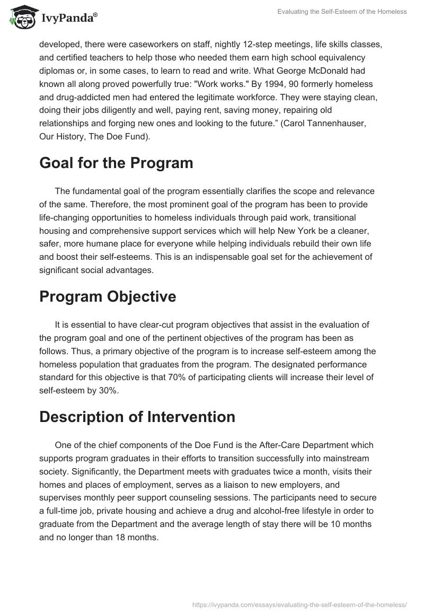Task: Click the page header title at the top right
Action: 342,12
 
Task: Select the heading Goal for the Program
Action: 116,163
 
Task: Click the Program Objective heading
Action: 108,296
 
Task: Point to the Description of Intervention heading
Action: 137,417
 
